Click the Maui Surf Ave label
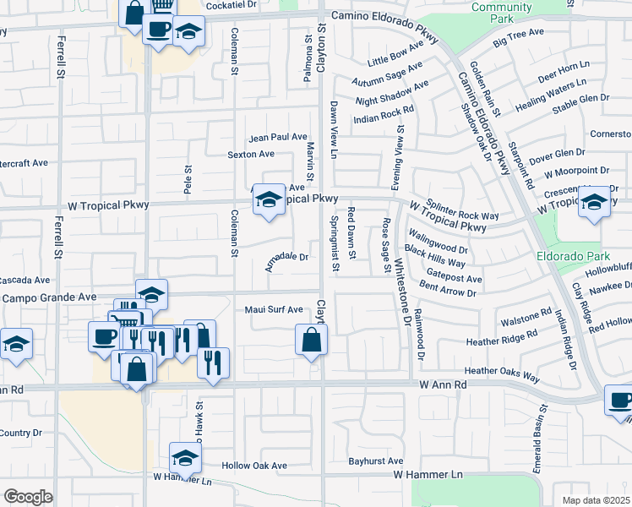pyautogui.click(x=273, y=310)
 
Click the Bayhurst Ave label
pyautogui.click(x=376, y=461)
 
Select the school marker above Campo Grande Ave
pyautogui.click(x=151, y=294)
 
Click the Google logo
pyautogui.click(x=27, y=496)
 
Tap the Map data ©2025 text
pyautogui.click(x=597, y=500)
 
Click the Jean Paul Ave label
pyautogui.click(x=277, y=137)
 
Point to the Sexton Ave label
pyautogui.click(x=251, y=155)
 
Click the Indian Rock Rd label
pyautogui.click(x=384, y=110)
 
